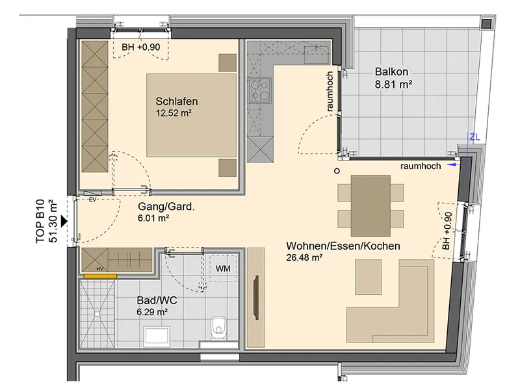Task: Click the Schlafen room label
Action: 177,101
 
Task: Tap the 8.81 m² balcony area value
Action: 394,84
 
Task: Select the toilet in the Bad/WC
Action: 218,326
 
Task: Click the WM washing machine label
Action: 223,268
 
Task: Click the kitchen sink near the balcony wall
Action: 317,55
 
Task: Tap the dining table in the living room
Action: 370,205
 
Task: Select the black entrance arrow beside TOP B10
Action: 64,221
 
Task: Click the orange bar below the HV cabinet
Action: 100,276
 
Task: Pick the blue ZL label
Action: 474,137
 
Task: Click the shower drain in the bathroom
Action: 96,313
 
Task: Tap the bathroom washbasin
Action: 157,337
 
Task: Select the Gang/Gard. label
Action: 166,207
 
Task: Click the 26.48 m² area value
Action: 304,257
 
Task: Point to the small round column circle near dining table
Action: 337,171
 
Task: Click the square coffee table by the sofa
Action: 368,278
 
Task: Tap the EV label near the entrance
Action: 92,200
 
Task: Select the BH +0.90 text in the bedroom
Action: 141,47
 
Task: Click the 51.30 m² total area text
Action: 53,221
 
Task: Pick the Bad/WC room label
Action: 157,300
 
